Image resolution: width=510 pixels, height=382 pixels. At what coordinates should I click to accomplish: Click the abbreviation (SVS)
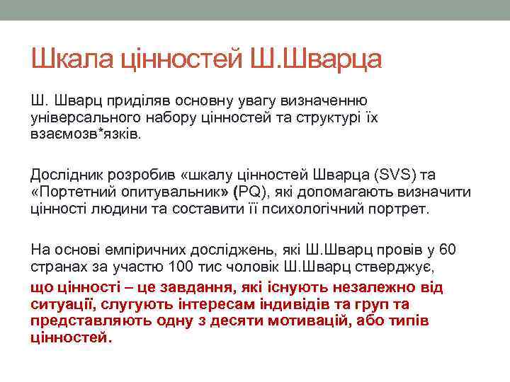[x=397, y=175]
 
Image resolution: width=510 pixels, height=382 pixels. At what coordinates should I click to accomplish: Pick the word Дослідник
[x=64, y=175]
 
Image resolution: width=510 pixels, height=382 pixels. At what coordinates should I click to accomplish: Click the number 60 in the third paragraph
[x=448, y=250]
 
